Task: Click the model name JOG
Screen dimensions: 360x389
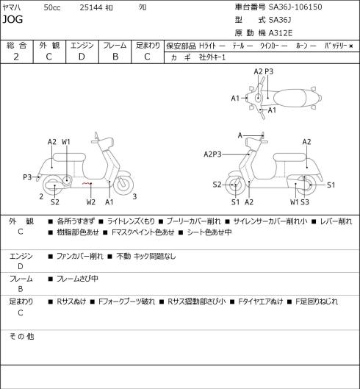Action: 12,19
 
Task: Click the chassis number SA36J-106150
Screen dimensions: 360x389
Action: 295,7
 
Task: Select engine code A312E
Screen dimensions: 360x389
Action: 281,33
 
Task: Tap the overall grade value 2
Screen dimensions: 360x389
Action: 16,57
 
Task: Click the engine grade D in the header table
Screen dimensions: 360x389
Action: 82,57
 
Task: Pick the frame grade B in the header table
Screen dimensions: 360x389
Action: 115,57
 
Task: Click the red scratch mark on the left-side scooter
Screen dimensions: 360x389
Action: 86,184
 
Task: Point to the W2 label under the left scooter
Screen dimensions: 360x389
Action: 91,202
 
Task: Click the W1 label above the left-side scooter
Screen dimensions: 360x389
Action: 66,142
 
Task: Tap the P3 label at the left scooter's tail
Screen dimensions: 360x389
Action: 27,177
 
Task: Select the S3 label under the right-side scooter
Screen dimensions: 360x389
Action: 305,202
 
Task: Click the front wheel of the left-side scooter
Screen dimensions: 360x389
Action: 123,185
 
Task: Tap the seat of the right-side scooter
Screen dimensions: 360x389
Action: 289,157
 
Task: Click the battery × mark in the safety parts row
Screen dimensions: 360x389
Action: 351,46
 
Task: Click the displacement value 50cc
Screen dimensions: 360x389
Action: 52,7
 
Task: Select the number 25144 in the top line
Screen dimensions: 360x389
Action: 91,7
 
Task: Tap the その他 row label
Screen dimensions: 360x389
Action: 21,336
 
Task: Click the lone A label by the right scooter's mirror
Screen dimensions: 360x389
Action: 240,135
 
